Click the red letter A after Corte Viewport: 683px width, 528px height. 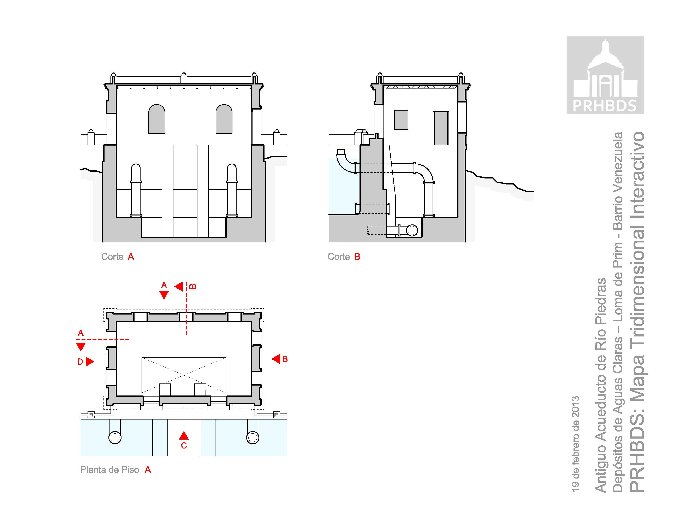[131, 257]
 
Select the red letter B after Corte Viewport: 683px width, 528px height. [357, 257]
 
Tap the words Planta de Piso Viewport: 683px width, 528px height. [109, 470]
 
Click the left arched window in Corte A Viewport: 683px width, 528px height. [157, 119]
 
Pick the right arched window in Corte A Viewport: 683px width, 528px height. [224, 119]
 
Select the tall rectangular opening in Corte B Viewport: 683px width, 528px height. [441, 128]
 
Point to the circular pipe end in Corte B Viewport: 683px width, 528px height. [412, 230]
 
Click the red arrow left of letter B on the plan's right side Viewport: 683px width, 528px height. [276, 359]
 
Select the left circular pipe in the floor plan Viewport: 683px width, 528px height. [115, 437]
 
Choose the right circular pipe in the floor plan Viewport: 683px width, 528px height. [253, 437]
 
